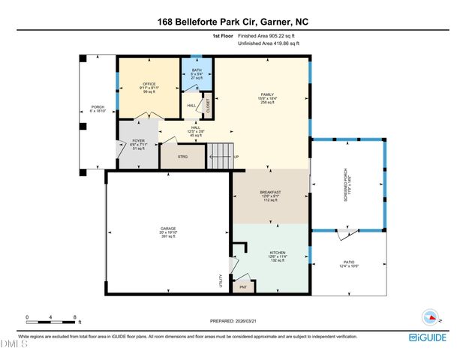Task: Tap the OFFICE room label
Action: [147, 84]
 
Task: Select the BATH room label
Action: [196, 73]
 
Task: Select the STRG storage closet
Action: [182, 157]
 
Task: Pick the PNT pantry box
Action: [242, 286]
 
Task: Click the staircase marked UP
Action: [221, 157]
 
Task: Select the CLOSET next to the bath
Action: [208, 107]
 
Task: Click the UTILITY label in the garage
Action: [221, 279]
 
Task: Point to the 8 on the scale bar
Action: [74, 317]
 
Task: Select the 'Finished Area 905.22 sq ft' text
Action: [268, 35]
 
